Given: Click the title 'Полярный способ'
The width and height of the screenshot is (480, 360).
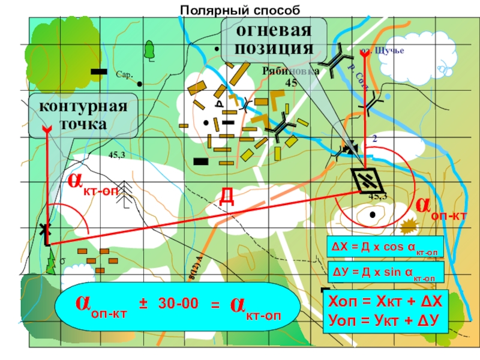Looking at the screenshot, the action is click(239, 9).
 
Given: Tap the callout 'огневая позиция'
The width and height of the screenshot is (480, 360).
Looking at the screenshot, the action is click(274, 39).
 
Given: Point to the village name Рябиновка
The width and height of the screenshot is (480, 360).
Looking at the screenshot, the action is click(290, 72).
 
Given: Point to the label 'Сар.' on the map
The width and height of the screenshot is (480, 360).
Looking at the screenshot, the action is click(124, 76).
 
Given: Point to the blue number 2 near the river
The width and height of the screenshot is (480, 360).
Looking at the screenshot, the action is click(374, 139).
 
